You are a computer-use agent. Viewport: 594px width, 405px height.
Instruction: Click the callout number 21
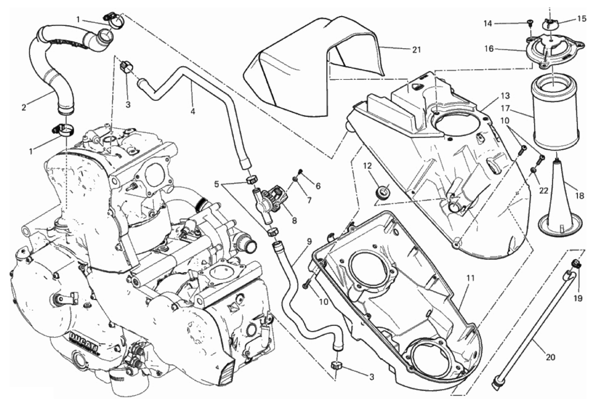417,50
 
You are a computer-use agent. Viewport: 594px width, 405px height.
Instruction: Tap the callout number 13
505,96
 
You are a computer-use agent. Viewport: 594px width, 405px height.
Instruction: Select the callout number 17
505,109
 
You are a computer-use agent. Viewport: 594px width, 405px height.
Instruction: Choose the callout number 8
294,221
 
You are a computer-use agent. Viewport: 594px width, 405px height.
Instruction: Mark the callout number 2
24,107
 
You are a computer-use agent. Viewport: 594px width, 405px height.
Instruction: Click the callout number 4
193,111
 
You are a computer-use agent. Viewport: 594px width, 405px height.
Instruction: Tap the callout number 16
489,49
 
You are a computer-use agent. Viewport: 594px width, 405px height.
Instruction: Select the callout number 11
470,278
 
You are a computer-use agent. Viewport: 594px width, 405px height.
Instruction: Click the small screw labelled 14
529,23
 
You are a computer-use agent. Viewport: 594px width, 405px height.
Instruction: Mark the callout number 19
578,299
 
